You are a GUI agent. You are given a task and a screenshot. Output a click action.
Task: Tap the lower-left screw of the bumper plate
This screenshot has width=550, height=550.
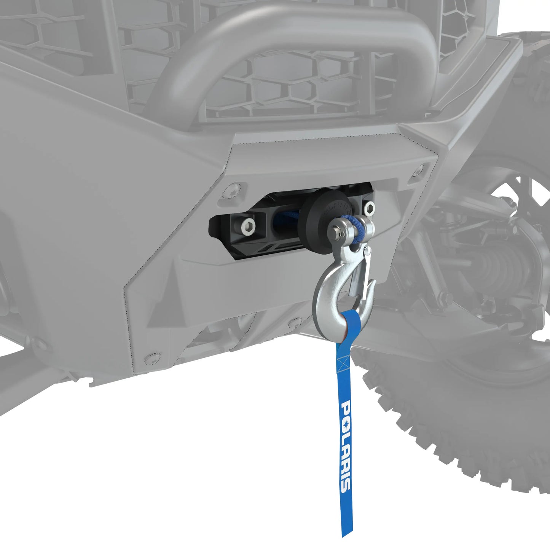(x=151, y=358)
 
